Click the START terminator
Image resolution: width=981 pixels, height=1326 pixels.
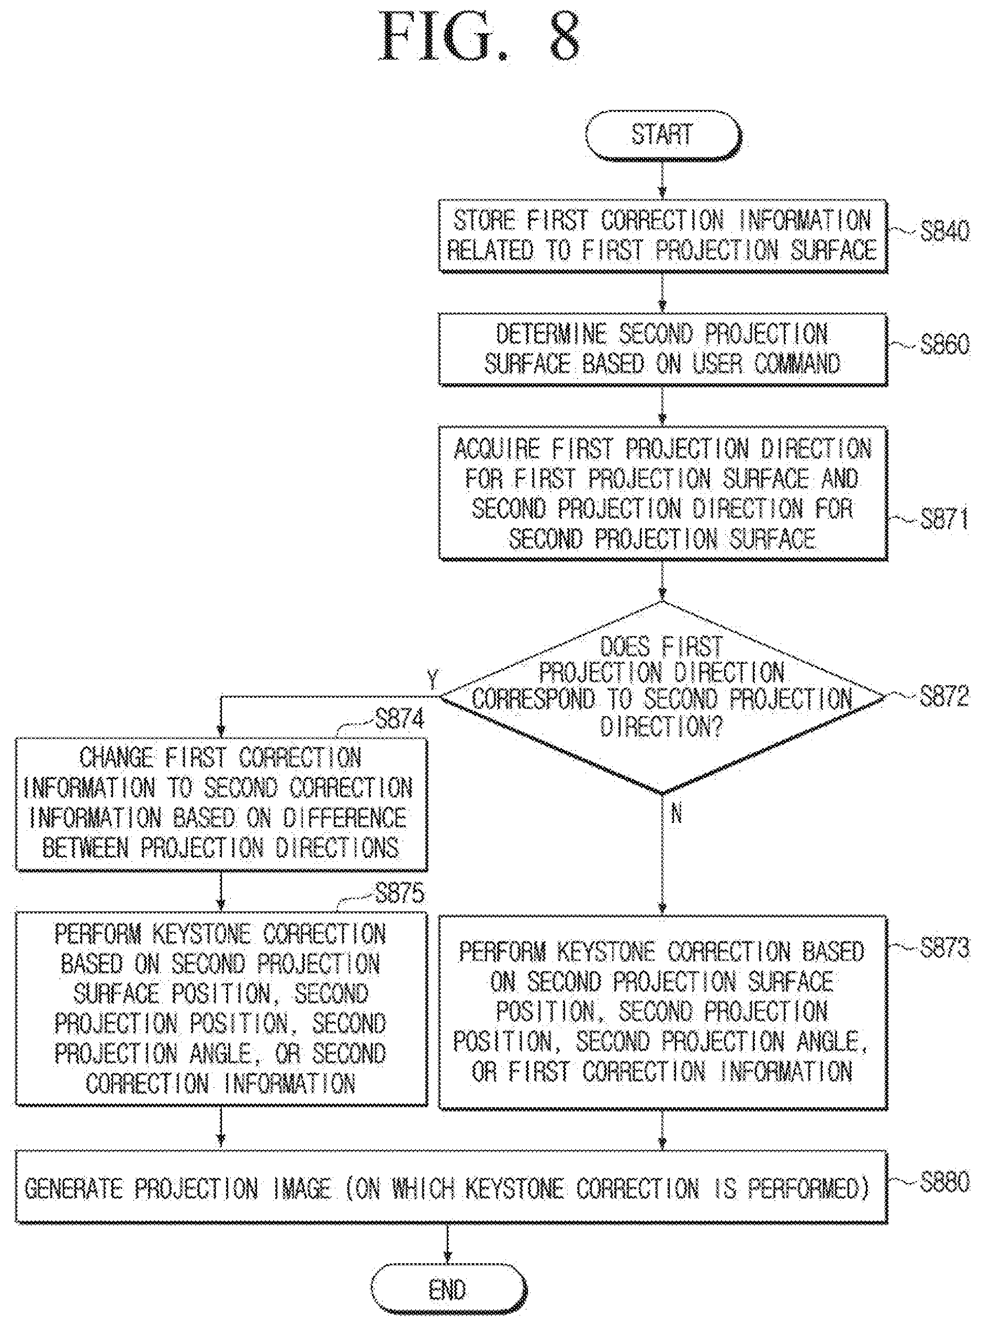pyautogui.click(x=663, y=136)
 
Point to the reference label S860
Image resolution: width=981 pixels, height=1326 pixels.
pyautogui.click(x=945, y=344)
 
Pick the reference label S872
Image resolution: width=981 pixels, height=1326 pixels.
pyautogui.click(x=945, y=696)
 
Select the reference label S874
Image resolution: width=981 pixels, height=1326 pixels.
pyautogui.click(x=400, y=719)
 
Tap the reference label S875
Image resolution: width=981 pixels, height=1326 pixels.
pyautogui.click(x=400, y=893)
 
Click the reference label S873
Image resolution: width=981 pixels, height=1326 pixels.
pyautogui.click(x=945, y=949)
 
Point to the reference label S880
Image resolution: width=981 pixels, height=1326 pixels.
pyautogui.click(x=945, y=1182)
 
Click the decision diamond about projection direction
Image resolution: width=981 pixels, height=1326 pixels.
pyautogui.click(x=663, y=697)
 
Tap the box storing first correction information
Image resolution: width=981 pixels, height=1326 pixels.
pyautogui.click(x=663, y=236)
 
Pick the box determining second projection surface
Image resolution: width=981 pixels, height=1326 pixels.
pyautogui.click(x=663, y=349)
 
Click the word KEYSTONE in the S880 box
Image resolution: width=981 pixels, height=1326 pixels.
pyautogui.click(x=514, y=1188)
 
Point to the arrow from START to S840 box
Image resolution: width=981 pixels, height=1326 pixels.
pyautogui.click(x=663, y=180)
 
